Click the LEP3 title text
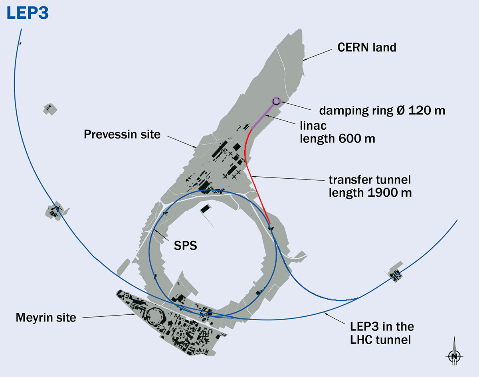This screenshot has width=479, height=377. coord(27,13)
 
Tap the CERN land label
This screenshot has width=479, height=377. coord(367,47)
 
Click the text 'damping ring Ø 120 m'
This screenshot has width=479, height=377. coord(382,111)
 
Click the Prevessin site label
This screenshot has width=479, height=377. coord(122,134)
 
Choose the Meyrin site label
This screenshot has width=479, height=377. coord(46,318)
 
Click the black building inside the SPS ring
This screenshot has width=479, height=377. coord(205,209)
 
